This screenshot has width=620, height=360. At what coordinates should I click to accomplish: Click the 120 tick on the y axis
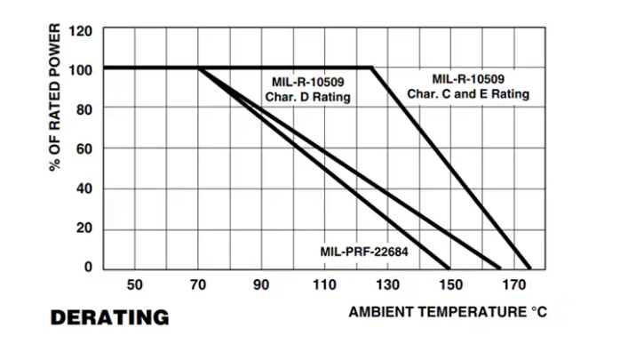[x=80, y=30]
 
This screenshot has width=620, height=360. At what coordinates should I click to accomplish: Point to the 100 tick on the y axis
[x=80, y=68]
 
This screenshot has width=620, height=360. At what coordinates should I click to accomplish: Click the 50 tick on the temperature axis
[x=134, y=285]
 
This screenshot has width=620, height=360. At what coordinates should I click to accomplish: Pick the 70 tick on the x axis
[x=198, y=285]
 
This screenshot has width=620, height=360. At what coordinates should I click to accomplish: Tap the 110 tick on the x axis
[x=324, y=285]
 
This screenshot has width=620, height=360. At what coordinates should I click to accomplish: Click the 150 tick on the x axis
[x=450, y=285]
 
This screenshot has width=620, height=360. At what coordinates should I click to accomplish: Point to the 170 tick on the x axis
[x=513, y=285]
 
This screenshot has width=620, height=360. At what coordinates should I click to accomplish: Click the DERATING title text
[x=109, y=317]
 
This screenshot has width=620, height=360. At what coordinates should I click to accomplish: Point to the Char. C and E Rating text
[x=468, y=93]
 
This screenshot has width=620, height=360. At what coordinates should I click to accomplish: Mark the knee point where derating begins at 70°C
[x=198, y=68]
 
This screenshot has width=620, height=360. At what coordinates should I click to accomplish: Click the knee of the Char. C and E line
[x=371, y=68]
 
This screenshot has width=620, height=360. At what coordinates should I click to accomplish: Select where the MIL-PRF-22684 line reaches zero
[x=450, y=268]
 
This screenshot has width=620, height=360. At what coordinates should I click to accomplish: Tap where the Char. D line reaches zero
[x=501, y=268]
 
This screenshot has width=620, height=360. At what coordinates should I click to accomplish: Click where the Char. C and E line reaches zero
[x=530, y=268]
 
